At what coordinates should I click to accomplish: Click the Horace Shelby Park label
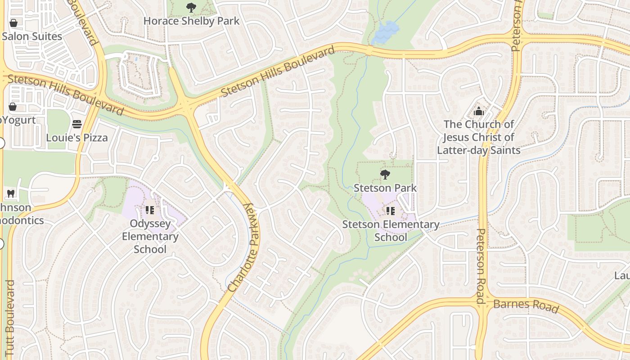click(191, 21)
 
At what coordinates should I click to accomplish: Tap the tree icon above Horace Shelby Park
click(191, 8)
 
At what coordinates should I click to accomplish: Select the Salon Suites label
click(32, 36)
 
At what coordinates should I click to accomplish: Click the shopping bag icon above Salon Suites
click(13, 23)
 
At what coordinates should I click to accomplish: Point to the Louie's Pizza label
click(77, 138)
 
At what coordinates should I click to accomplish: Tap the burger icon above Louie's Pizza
click(77, 124)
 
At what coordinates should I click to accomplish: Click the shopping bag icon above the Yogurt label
click(13, 107)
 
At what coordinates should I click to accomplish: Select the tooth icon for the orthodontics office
click(11, 194)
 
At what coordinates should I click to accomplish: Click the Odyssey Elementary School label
click(150, 236)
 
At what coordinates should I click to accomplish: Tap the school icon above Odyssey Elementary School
click(150, 210)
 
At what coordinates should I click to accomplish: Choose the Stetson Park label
click(385, 188)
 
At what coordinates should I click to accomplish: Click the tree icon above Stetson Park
click(385, 175)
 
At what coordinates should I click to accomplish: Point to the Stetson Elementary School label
click(391, 230)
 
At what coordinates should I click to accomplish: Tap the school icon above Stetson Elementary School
click(390, 211)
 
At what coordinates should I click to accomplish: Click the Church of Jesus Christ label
click(479, 137)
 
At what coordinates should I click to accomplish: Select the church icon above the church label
click(479, 111)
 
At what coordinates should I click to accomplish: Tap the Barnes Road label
click(526, 306)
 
